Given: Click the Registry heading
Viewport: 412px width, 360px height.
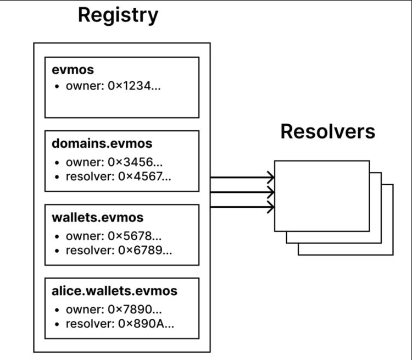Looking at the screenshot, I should coord(118,15).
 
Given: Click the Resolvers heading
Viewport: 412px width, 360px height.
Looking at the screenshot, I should coord(328,131).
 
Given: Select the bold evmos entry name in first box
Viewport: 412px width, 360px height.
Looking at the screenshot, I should coord(73,70).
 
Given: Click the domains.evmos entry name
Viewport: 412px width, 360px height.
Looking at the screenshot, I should coord(102,144).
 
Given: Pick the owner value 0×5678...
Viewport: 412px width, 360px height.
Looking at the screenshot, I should coord(135,236).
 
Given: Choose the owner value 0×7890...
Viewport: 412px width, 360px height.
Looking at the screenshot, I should coord(135,309).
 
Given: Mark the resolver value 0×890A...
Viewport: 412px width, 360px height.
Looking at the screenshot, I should coord(146,324).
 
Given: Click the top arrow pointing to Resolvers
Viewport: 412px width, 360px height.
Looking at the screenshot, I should coord(242,177).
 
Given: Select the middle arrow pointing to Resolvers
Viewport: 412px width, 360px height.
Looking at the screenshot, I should coord(242,192).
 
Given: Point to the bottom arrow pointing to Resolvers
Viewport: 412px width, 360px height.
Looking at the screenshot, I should coord(242,207).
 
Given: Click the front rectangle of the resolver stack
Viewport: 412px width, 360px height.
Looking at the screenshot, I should coord(321,196).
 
